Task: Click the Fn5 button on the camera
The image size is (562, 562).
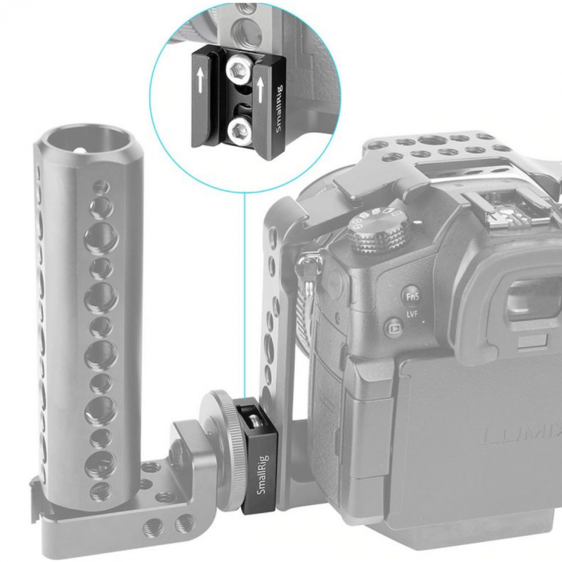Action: pyautogui.click(x=412, y=296)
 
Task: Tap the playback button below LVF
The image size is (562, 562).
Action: pyautogui.click(x=393, y=327)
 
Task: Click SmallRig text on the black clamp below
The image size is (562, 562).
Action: pyautogui.click(x=263, y=473)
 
